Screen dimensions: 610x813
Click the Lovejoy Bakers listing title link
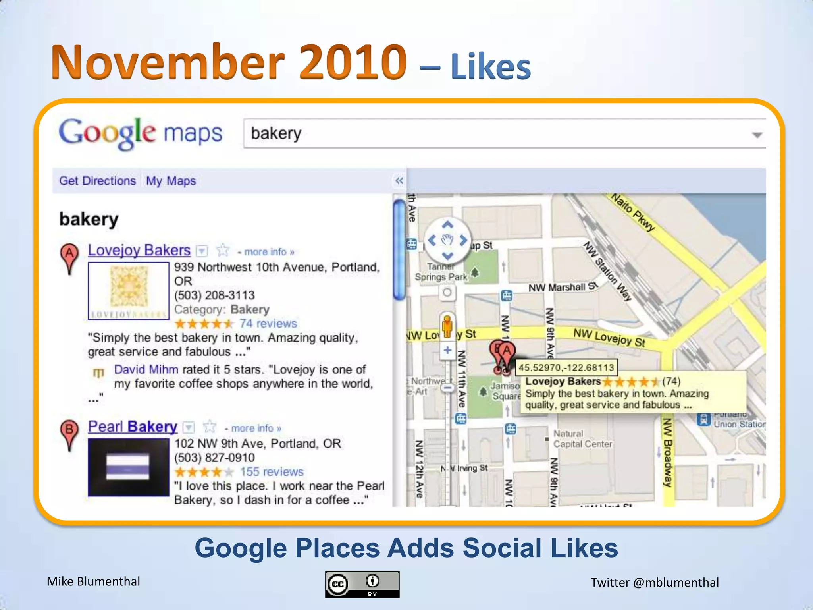tap(139, 251)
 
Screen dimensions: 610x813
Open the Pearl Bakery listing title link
tap(133, 427)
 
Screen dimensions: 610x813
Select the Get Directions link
tap(97, 181)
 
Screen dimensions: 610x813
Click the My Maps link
tap(171, 181)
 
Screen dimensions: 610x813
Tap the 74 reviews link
tap(268, 324)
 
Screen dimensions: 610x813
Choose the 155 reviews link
tap(272, 472)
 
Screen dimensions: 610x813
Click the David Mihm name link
tap(146, 370)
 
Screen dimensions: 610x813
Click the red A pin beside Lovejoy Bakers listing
tap(69, 256)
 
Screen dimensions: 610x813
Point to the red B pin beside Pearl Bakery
tap(69, 433)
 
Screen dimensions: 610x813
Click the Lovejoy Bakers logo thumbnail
tap(129, 291)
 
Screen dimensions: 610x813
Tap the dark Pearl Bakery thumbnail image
tap(129, 467)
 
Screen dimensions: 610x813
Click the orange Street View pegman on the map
tap(447, 326)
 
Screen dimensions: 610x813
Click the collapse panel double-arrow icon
tap(399, 181)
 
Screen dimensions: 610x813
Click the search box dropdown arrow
tap(757, 135)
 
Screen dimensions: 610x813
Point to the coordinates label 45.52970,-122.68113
tap(566, 367)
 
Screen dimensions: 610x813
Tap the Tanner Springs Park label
tap(441, 272)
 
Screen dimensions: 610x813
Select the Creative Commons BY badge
tap(362, 585)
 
